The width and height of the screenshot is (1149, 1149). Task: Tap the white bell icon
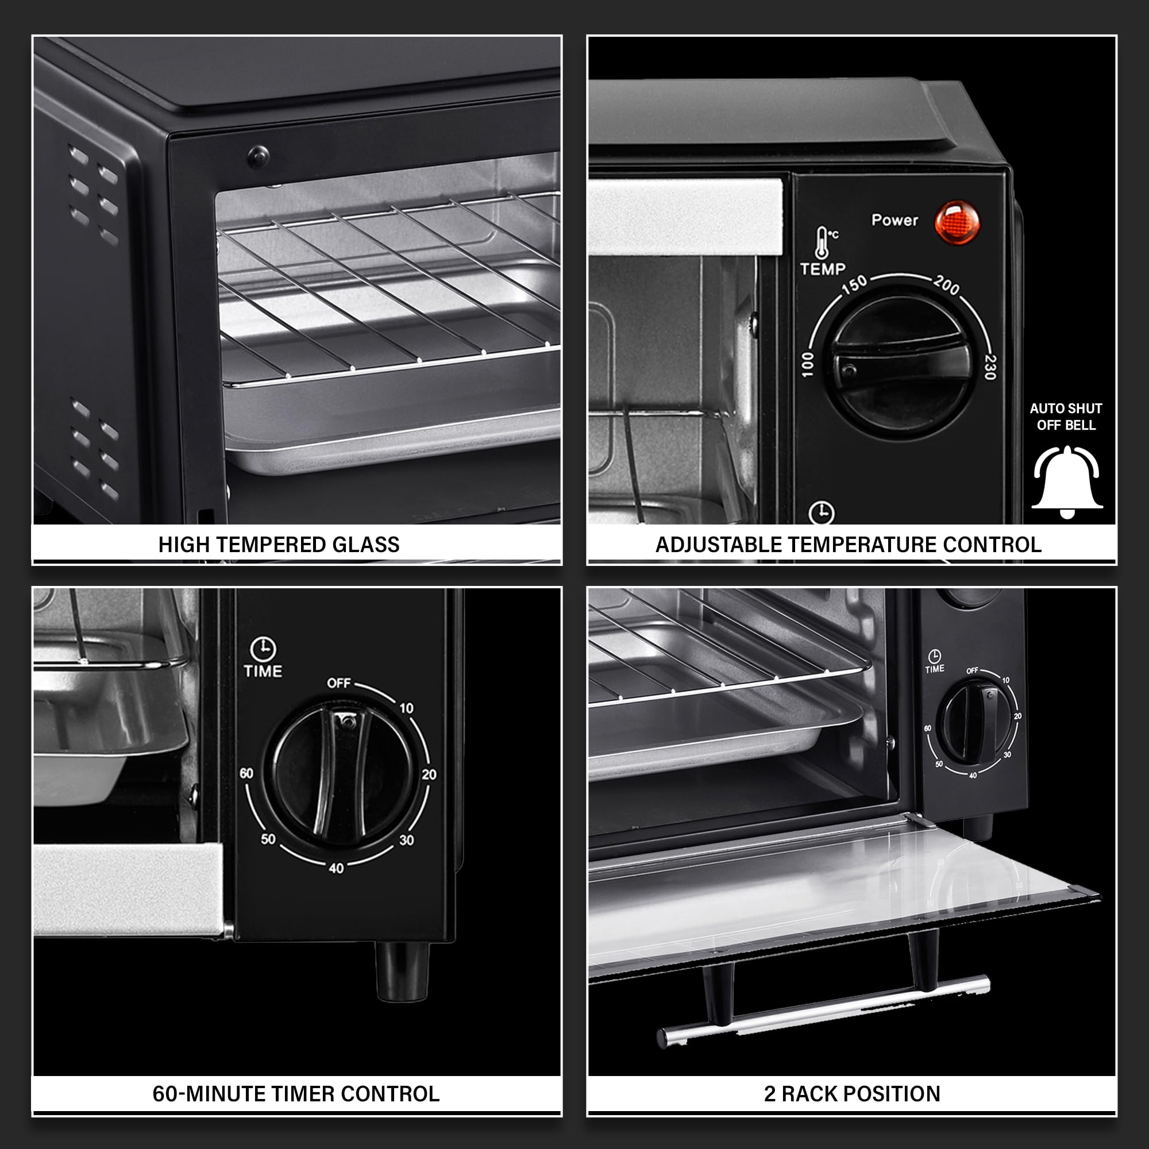point(1067,482)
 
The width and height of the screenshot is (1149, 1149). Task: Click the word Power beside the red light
point(894,220)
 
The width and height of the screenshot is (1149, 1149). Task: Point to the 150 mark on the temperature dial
point(855,286)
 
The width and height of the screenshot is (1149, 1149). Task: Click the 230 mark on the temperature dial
point(990,367)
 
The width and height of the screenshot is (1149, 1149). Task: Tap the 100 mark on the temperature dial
point(807,364)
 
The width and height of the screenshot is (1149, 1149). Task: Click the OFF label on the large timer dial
point(338,683)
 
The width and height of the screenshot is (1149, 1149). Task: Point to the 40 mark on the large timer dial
point(336,867)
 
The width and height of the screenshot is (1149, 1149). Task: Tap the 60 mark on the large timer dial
point(246,773)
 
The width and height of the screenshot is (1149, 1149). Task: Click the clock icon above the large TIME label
point(263,649)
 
